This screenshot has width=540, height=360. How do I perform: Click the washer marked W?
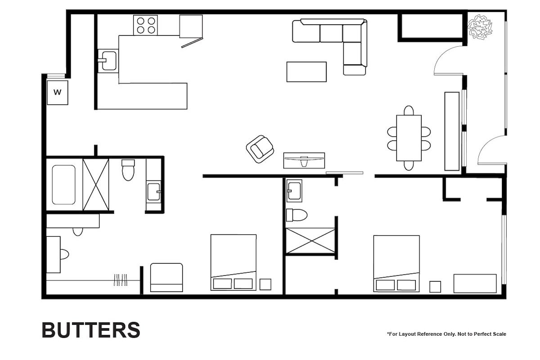point(58,93)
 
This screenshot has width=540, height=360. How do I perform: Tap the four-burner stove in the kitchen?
point(145,25)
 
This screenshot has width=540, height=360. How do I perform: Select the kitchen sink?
point(108,61)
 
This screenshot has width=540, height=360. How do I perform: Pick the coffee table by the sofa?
point(306,72)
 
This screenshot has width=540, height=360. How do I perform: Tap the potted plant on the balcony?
point(480,27)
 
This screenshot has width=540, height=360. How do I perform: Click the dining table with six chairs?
point(409,138)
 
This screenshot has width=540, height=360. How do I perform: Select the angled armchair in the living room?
point(260,149)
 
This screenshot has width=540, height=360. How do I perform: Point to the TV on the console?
point(304,158)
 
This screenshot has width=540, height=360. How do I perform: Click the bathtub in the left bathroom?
point(63,184)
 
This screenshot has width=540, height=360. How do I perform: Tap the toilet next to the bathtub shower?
point(128,170)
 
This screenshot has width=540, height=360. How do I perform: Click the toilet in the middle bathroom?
point(297,215)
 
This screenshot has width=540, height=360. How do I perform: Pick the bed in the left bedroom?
point(233,262)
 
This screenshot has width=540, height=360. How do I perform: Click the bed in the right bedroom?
point(396,263)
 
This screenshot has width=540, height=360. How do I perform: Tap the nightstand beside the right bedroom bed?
point(435,287)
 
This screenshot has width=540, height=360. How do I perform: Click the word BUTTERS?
point(91,330)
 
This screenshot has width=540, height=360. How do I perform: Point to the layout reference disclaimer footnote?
point(446,334)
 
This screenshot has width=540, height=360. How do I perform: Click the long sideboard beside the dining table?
point(451,131)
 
